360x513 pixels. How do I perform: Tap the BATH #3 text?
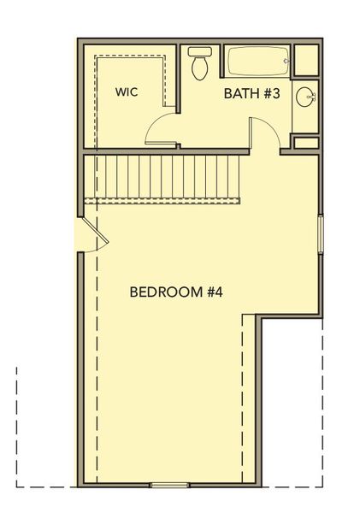pos(252,93)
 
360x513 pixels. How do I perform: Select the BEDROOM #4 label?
pos(176,292)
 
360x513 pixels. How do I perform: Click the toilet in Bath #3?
pos(201,64)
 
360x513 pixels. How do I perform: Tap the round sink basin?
pos(305,98)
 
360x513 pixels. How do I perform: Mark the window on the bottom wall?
pos(169,484)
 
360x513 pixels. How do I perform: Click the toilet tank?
pos(199,51)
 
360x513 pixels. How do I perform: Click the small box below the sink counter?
pos(305,142)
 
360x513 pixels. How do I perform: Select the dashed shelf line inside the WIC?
pos(128,57)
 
